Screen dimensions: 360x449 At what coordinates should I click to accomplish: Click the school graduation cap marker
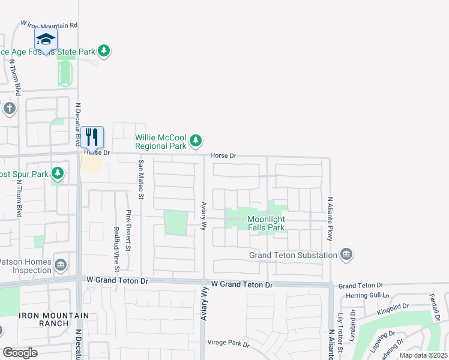(x=46, y=40)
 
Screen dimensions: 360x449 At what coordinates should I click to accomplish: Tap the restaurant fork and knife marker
(x=91, y=137)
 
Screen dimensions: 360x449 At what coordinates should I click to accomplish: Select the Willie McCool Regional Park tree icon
(x=195, y=141)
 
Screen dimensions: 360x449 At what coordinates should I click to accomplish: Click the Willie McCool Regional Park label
(x=160, y=142)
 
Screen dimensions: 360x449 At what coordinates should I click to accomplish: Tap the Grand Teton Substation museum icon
(x=346, y=255)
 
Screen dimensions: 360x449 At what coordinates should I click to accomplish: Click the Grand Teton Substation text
(x=293, y=255)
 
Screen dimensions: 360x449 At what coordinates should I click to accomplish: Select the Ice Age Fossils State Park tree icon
(x=104, y=51)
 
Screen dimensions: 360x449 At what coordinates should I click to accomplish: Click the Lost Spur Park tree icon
(x=58, y=175)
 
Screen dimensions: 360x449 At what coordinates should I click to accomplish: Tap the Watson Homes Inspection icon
(x=61, y=265)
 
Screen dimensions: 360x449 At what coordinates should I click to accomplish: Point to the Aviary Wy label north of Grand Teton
(x=203, y=216)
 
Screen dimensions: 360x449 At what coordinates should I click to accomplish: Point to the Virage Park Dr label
(x=228, y=343)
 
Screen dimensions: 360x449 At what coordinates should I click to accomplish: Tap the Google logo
(x=20, y=353)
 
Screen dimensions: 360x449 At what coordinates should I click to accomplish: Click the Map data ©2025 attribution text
(x=423, y=355)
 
